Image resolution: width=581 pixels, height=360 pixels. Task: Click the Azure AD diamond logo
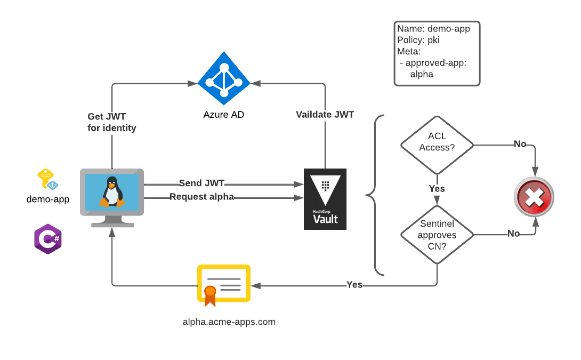pos(224,78)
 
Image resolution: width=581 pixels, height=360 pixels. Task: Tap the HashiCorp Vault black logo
pos(325,199)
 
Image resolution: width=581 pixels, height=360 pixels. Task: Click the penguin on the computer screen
pos(112,191)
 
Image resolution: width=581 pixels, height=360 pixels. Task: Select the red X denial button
pos(534,197)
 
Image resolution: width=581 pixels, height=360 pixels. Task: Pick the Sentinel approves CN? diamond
pos(437,235)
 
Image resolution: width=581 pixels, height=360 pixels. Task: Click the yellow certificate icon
pos(223,285)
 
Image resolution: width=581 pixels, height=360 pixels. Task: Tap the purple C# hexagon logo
pos(48,239)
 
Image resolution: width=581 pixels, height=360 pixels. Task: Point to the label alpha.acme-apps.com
pos(229,322)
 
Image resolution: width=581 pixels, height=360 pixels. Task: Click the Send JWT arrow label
pos(201,183)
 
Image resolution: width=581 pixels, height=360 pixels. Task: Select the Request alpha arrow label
pos(201,197)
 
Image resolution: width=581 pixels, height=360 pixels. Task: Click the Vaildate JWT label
pos(325,114)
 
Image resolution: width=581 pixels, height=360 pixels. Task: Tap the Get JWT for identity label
pos(111,122)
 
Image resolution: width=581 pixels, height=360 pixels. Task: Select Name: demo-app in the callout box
pos(433,29)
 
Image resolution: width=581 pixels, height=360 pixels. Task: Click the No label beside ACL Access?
pos(520,144)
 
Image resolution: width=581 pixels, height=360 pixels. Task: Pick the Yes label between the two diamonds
pos(437,189)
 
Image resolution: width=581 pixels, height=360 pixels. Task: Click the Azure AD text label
pos(224,115)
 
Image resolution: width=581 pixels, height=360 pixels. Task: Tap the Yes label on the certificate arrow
pos(354,285)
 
